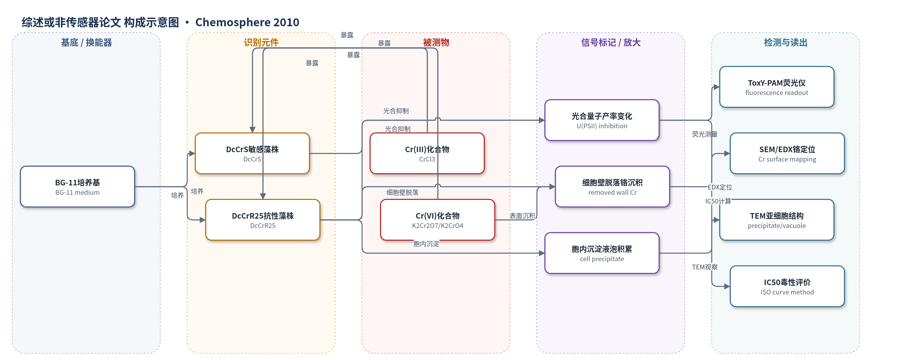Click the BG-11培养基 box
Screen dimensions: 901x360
[77, 187]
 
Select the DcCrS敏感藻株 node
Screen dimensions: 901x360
[252, 153]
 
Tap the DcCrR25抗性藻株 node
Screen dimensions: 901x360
[263, 220]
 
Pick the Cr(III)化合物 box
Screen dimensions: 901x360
[427, 153]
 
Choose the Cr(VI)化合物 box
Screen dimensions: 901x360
[438, 220]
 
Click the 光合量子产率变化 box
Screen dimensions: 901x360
[602, 120]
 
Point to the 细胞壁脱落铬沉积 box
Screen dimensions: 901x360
[613, 187]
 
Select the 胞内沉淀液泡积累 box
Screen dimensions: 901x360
[602, 253]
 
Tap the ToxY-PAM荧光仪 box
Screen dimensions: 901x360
[777, 87]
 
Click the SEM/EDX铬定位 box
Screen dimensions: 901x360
[787, 153]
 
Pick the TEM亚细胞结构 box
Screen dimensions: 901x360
[777, 220]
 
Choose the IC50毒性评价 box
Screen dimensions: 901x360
[787, 286]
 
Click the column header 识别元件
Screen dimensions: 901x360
[261, 42]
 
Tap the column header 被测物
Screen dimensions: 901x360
[436, 42]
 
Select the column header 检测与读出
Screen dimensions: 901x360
[786, 42]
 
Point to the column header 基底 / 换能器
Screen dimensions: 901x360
[86, 42]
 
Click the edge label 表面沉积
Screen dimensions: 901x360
[522, 216]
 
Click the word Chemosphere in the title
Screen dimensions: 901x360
[232, 22]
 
